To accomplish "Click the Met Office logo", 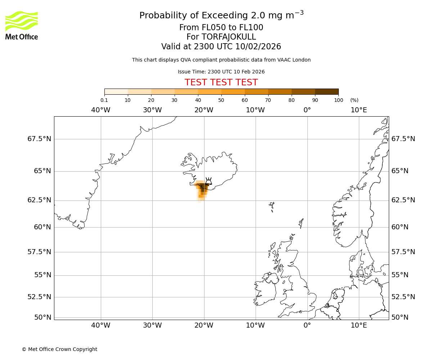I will point(22,25).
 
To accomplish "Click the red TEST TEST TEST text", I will point(221,82).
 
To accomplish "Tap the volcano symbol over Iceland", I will point(208,181).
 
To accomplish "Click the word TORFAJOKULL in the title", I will point(229,37).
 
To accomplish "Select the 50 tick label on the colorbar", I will point(221,100).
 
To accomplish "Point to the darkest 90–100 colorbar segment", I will point(327,91).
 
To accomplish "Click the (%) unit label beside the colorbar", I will point(354,100).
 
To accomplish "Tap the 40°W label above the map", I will point(101,110).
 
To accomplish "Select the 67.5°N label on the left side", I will point(39,139).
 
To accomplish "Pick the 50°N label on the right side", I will point(400,318).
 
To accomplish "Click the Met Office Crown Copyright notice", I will point(59,349).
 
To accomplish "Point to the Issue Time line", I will point(221,72).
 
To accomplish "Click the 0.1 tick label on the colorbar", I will point(104,100).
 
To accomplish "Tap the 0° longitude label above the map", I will point(307,110).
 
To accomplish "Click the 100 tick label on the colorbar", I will point(338,100).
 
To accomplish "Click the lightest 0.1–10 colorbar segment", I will point(116,91).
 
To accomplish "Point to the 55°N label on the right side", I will point(400,275).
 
